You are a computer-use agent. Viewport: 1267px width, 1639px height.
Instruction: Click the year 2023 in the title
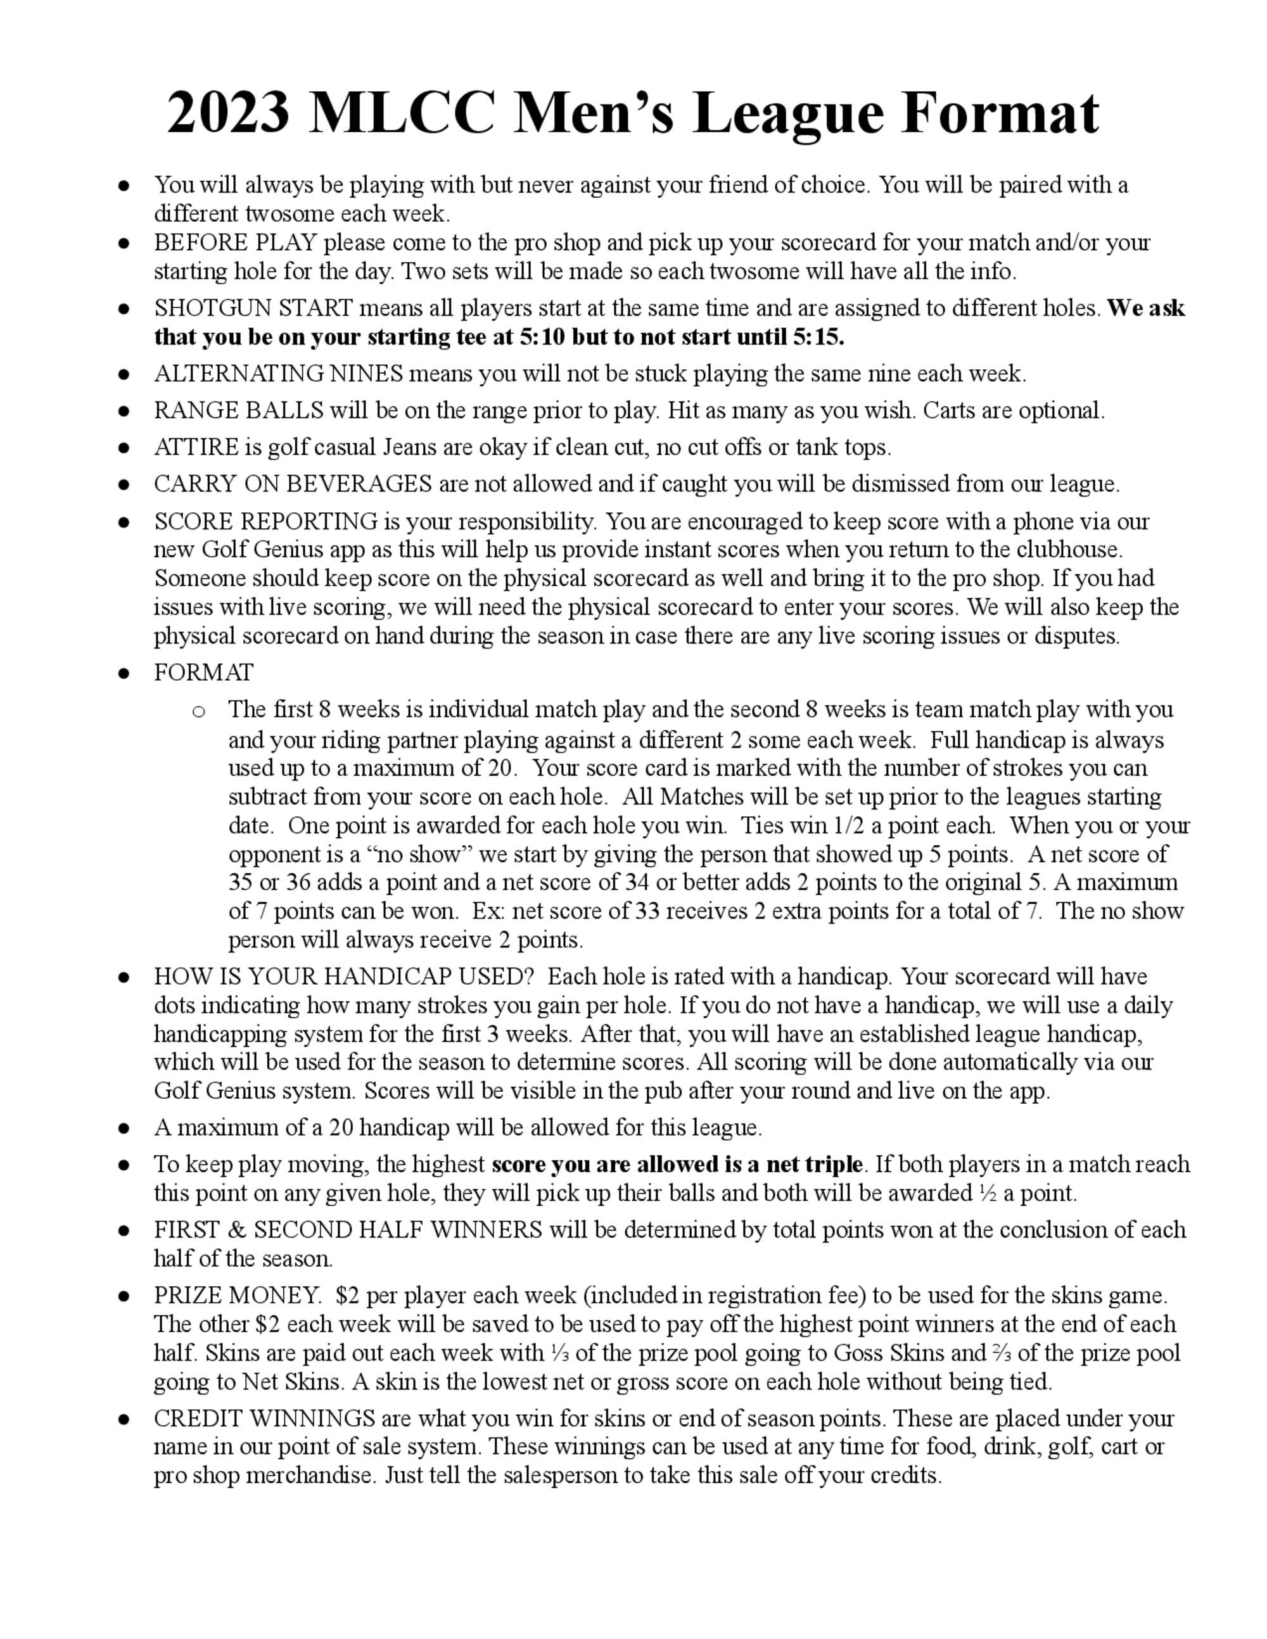point(227,113)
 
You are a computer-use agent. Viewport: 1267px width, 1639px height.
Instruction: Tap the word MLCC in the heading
point(402,113)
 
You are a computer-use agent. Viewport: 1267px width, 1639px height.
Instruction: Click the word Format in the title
point(999,113)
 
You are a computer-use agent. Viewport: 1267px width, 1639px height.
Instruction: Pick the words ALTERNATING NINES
point(279,374)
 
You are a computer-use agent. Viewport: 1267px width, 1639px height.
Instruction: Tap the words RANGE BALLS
point(239,410)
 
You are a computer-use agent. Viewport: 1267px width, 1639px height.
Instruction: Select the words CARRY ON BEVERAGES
point(293,484)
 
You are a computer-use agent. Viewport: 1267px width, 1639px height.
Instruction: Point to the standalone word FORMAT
point(203,672)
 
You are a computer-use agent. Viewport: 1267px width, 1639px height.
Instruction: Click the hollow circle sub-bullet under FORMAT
point(198,711)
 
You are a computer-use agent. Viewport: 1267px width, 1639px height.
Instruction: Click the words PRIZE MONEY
point(237,1296)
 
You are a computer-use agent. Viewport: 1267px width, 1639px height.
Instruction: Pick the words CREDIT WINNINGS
point(264,1419)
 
